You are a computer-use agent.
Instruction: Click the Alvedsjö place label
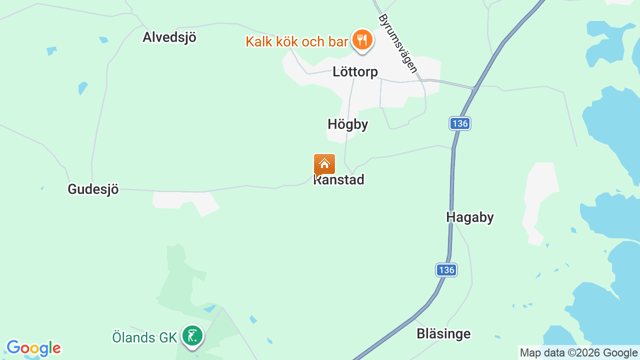[x=169, y=37]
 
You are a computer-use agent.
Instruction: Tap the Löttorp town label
[x=355, y=72]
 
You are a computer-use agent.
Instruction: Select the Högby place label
[x=348, y=124]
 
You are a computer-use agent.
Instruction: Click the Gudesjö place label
[x=93, y=189]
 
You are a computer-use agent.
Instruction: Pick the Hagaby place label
[x=470, y=217]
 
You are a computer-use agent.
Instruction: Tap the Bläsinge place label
[x=443, y=333]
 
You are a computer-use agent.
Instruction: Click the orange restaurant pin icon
[x=362, y=39]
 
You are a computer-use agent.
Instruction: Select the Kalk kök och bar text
[x=296, y=41]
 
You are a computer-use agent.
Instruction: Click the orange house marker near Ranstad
[x=324, y=164]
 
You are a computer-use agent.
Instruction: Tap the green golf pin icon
[x=192, y=335]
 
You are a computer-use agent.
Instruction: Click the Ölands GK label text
[x=144, y=337]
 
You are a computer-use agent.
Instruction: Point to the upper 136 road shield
[x=459, y=123]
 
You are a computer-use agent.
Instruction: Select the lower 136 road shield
[x=446, y=270]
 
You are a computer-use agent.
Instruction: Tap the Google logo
[x=34, y=348]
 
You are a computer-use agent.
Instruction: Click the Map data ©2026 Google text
[x=578, y=352]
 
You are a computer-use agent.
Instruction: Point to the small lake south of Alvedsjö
[x=82, y=88]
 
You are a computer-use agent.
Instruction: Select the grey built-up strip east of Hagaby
[x=540, y=200]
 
